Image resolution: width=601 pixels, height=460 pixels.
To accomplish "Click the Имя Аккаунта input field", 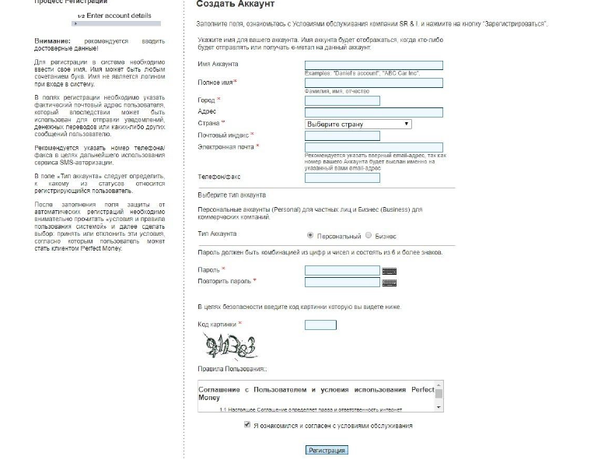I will tap(374, 65).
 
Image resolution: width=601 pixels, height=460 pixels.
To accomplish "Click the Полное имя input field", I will tap(374, 83).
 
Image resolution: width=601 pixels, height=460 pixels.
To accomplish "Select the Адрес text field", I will tap(374, 112).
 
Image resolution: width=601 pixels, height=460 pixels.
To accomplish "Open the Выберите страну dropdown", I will tap(358, 124).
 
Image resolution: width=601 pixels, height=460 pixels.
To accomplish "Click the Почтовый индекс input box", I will tap(342, 135).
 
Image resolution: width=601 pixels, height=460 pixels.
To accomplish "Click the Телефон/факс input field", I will tap(342, 177).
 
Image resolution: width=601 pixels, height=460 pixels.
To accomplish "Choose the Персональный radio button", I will tap(311, 235).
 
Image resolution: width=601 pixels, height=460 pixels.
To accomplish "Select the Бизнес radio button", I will tap(369, 235).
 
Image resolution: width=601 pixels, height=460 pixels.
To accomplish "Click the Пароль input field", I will tap(342, 271).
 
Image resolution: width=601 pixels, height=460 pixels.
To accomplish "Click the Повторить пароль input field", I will tap(342, 282).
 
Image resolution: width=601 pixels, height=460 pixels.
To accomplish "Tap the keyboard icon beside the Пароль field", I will tap(390, 271).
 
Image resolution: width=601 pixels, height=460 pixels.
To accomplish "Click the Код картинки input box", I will tap(320, 325).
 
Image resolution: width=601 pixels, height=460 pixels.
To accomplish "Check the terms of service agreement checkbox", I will tap(247, 426).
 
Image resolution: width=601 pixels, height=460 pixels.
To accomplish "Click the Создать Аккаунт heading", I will tap(235, 5).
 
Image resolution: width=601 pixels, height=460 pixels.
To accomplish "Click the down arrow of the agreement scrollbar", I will tap(439, 406).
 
